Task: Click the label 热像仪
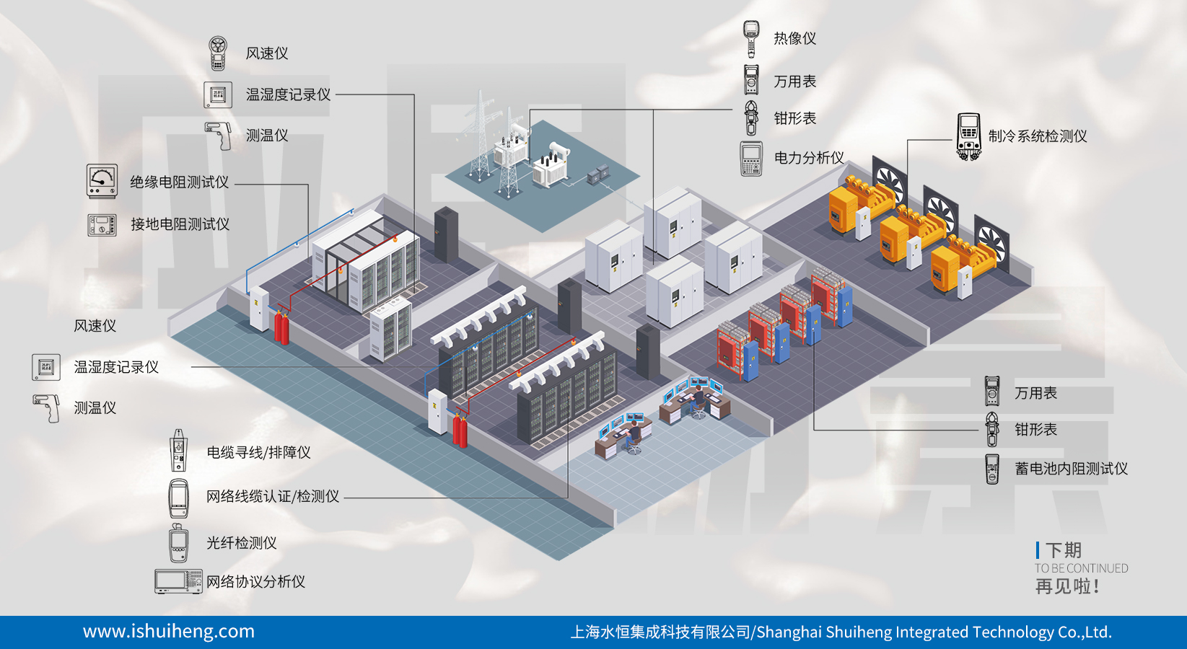[x=794, y=38]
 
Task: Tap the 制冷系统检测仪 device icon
[x=968, y=136]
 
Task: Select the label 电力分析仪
[x=808, y=158]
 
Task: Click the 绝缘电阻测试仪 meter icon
[x=102, y=181]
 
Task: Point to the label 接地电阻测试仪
[x=180, y=224]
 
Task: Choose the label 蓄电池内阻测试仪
[x=1071, y=469]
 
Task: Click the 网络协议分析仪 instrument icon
[x=178, y=581]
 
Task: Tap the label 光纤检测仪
[x=241, y=543]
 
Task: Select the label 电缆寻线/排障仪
[x=258, y=453]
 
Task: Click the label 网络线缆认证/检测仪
[x=272, y=497]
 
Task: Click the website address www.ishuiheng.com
[x=169, y=632]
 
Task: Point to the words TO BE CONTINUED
[x=1081, y=568]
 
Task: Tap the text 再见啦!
[x=1067, y=586]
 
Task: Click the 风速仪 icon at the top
[x=218, y=53]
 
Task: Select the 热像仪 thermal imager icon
[x=751, y=38]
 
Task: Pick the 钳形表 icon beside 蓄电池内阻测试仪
[x=992, y=430]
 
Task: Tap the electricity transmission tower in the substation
[x=479, y=137]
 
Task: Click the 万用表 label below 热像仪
[x=794, y=81]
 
